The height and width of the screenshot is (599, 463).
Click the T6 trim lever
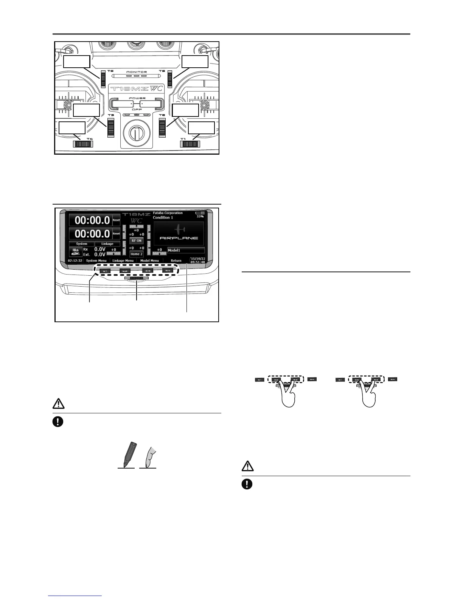[103, 79]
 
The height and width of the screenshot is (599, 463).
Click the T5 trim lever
[170, 79]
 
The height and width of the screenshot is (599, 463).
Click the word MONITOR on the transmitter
[137, 72]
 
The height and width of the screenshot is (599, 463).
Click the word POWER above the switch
[137, 98]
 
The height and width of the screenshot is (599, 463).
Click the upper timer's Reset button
[116, 220]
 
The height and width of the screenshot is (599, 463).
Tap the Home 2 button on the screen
[137, 254]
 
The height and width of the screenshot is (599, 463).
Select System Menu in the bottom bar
[96, 261]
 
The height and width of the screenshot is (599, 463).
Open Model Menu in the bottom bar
[150, 261]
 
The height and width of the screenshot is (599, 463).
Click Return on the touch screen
[176, 261]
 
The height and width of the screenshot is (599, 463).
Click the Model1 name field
[186, 250]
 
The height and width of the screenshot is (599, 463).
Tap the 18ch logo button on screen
[75, 252]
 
